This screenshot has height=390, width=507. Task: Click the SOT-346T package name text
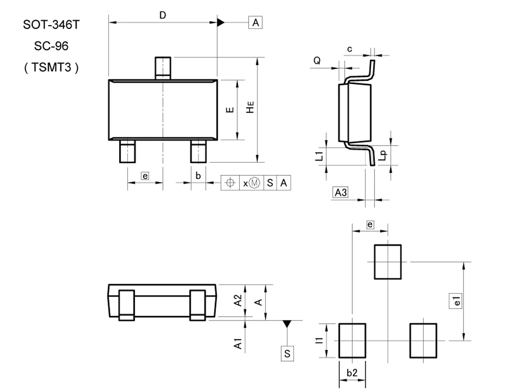pos(51,25)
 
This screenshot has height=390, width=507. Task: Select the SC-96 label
pos(51,46)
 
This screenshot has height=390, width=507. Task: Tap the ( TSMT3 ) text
pos(51,68)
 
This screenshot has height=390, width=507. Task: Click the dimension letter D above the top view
pos(162,15)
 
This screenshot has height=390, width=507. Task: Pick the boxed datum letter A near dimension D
pos(255,22)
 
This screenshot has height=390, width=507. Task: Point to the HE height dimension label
pos(251,108)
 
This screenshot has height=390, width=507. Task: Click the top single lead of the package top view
pos(163,68)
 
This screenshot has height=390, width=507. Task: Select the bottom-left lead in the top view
pos(127,151)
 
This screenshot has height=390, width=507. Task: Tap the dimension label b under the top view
pos(198,176)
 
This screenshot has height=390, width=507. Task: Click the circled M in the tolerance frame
pos(255,183)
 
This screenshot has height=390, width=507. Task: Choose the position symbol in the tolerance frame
pos(230,183)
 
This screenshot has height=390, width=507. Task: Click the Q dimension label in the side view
pos(317,60)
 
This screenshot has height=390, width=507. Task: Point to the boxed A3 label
pos(340,192)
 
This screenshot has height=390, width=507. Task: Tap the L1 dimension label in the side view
pos(320,156)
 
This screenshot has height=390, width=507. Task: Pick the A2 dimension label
pos(239,300)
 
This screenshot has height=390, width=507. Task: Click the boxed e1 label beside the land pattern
pos(456,301)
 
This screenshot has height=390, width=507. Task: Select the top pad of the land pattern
pos(388,261)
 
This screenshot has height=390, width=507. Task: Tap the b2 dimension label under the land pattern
pos(352,373)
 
